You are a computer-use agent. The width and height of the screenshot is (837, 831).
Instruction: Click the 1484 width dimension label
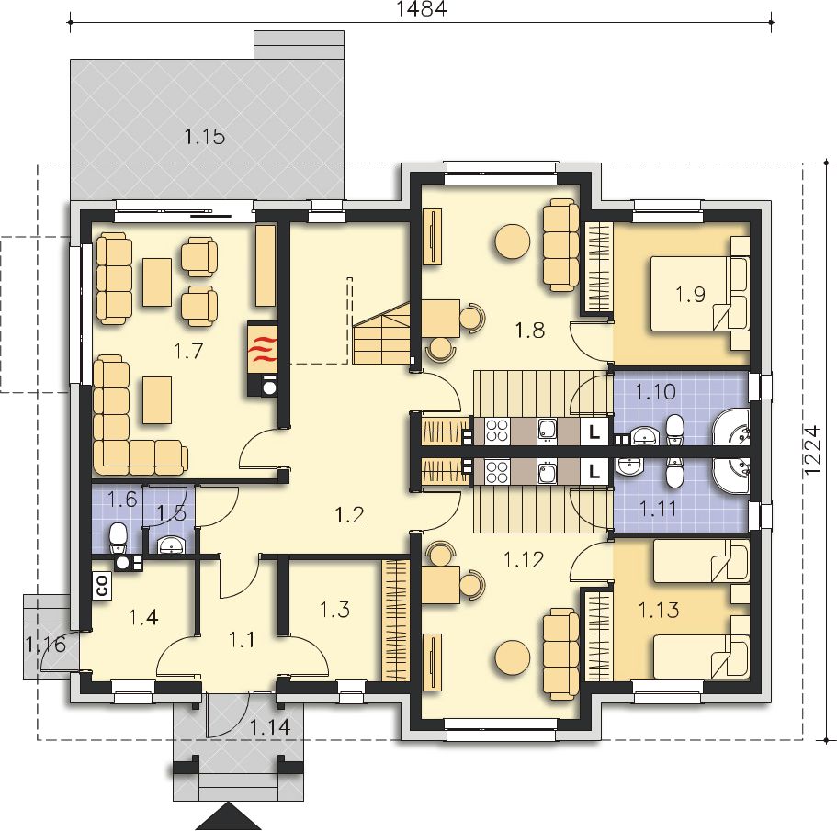pos(422,8)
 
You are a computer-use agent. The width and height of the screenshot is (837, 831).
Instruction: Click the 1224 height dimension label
pos(811,449)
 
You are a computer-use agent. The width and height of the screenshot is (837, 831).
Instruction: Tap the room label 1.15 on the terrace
pos(205,137)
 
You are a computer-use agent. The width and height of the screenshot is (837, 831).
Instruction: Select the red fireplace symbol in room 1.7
pos(262,349)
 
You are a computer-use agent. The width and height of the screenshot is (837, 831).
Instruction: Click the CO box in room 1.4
pos(101,586)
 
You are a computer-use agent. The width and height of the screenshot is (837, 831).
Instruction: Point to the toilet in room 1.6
pos(118,538)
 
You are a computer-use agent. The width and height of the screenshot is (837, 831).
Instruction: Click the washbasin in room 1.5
pos(171,545)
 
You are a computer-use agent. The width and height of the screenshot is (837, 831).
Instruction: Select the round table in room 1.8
pos(513,240)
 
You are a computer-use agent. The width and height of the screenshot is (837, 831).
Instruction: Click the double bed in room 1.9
pos(699,294)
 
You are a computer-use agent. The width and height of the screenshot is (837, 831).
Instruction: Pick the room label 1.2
pos(350,514)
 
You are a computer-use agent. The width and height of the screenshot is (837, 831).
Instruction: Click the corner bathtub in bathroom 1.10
pos(730,427)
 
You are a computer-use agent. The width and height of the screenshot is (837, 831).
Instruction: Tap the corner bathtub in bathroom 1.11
pos(730,477)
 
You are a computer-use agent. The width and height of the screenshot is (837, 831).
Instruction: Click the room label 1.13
pos(659,609)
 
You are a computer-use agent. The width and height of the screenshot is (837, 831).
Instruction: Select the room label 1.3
pos(334,609)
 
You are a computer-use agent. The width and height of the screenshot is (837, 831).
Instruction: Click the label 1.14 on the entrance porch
pos(270,726)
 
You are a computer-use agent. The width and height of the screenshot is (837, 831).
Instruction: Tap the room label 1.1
pos(242,639)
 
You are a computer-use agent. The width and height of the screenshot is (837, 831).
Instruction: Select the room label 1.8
pos(529,331)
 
